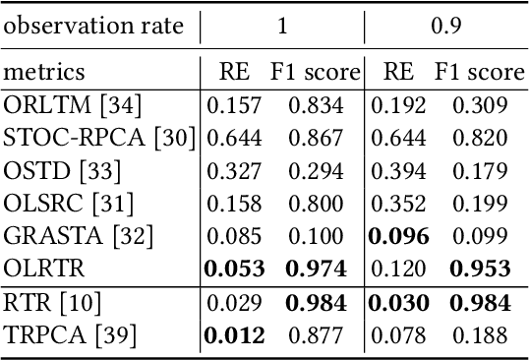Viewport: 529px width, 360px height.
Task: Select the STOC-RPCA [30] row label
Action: tap(99, 138)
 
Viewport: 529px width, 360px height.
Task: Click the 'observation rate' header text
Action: tap(93, 27)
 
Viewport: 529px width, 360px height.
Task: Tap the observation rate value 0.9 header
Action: tap(446, 27)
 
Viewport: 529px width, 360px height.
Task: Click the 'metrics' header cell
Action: tap(43, 72)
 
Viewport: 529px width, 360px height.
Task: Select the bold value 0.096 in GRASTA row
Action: tap(397, 237)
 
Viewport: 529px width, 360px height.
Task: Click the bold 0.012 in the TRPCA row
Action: tap(235, 336)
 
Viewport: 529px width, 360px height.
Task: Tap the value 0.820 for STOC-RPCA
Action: tap(483, 138)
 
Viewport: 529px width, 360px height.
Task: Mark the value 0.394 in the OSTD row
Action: tap(397, 171)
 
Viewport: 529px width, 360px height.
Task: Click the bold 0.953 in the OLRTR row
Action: tap(482, 270)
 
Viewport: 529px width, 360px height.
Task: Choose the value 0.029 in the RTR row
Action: tap(235, 304)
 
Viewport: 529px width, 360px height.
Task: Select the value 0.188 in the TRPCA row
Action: tap(483, 336)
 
